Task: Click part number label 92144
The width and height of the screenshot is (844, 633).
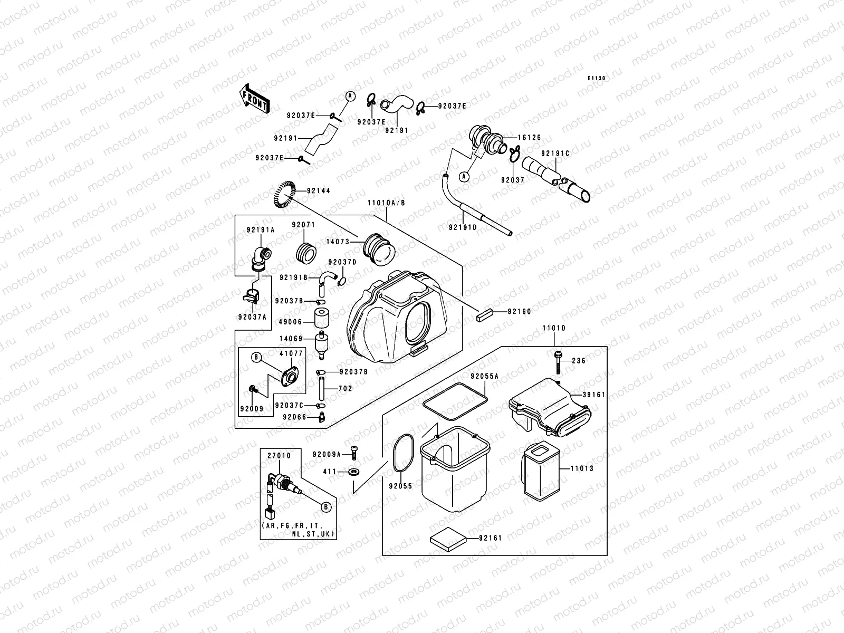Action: click(x=318, y=190)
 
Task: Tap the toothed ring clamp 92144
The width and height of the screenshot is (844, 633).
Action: click(x=285, y=194)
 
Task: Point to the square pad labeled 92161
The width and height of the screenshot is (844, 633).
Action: click(x=449, y=539)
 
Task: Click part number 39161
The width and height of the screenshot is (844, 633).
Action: click(x=594, y=394)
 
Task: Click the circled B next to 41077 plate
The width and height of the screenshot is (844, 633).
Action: click(x=257, y=358)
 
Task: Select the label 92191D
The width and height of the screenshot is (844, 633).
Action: click(x=463, y=228)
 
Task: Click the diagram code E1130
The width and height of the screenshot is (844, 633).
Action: click(x=597, y=78)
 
